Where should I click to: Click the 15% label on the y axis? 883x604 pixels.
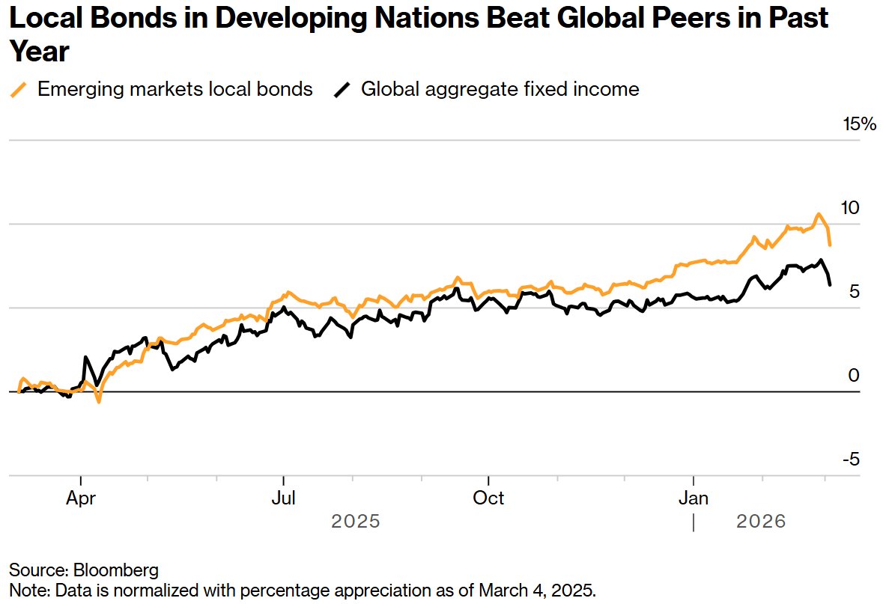click(x=859, y=124)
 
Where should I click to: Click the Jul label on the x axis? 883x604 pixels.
click(x=283, y=498)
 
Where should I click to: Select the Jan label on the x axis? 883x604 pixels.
click(x=694, y=498)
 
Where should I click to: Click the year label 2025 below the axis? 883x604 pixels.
click(x=356, y=521)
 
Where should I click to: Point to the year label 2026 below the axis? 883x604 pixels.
click(x=761, y=521)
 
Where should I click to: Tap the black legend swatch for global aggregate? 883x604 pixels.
click(x=342, y=90)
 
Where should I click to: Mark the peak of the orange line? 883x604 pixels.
click(x=818, y=214)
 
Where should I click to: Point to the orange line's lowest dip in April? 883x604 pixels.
click(x=98, y=402)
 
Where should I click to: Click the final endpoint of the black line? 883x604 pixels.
click(x=829, y=284)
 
